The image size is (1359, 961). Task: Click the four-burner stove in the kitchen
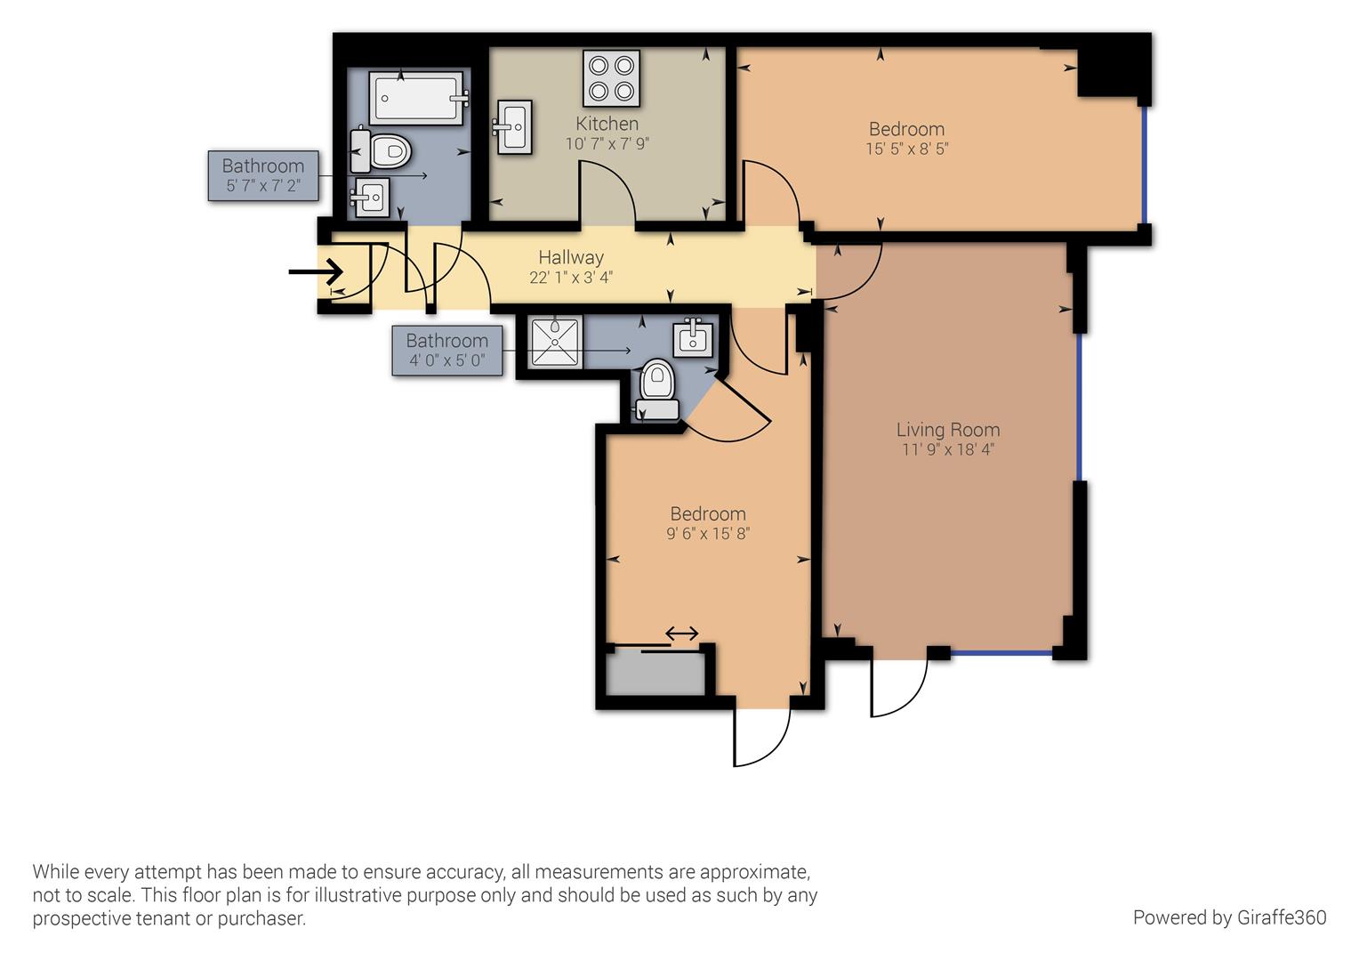[611, 77]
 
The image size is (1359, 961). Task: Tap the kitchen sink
[513, 127]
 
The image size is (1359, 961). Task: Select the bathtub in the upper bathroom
[417, 98]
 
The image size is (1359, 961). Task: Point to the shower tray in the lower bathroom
[555, 342]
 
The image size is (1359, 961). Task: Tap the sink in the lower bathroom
[693, 336]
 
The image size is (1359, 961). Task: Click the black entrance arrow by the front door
[317, 271]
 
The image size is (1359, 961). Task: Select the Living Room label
[947, 430]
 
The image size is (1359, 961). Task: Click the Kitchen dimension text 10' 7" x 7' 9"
[607, 143]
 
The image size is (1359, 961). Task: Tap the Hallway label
[570, 257]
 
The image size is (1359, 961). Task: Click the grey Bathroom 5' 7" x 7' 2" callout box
[263, 175]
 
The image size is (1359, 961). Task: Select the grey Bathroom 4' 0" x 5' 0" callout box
[446, 350]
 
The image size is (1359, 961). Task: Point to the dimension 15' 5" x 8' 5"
[906, 149]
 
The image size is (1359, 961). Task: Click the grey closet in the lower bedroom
[656, 674]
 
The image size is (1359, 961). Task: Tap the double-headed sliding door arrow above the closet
[682, 634]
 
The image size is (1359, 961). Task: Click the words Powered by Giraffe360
[1229, 917]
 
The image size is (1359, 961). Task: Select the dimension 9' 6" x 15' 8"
[708, 534]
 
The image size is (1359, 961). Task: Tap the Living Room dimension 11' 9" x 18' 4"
[947, 450]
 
